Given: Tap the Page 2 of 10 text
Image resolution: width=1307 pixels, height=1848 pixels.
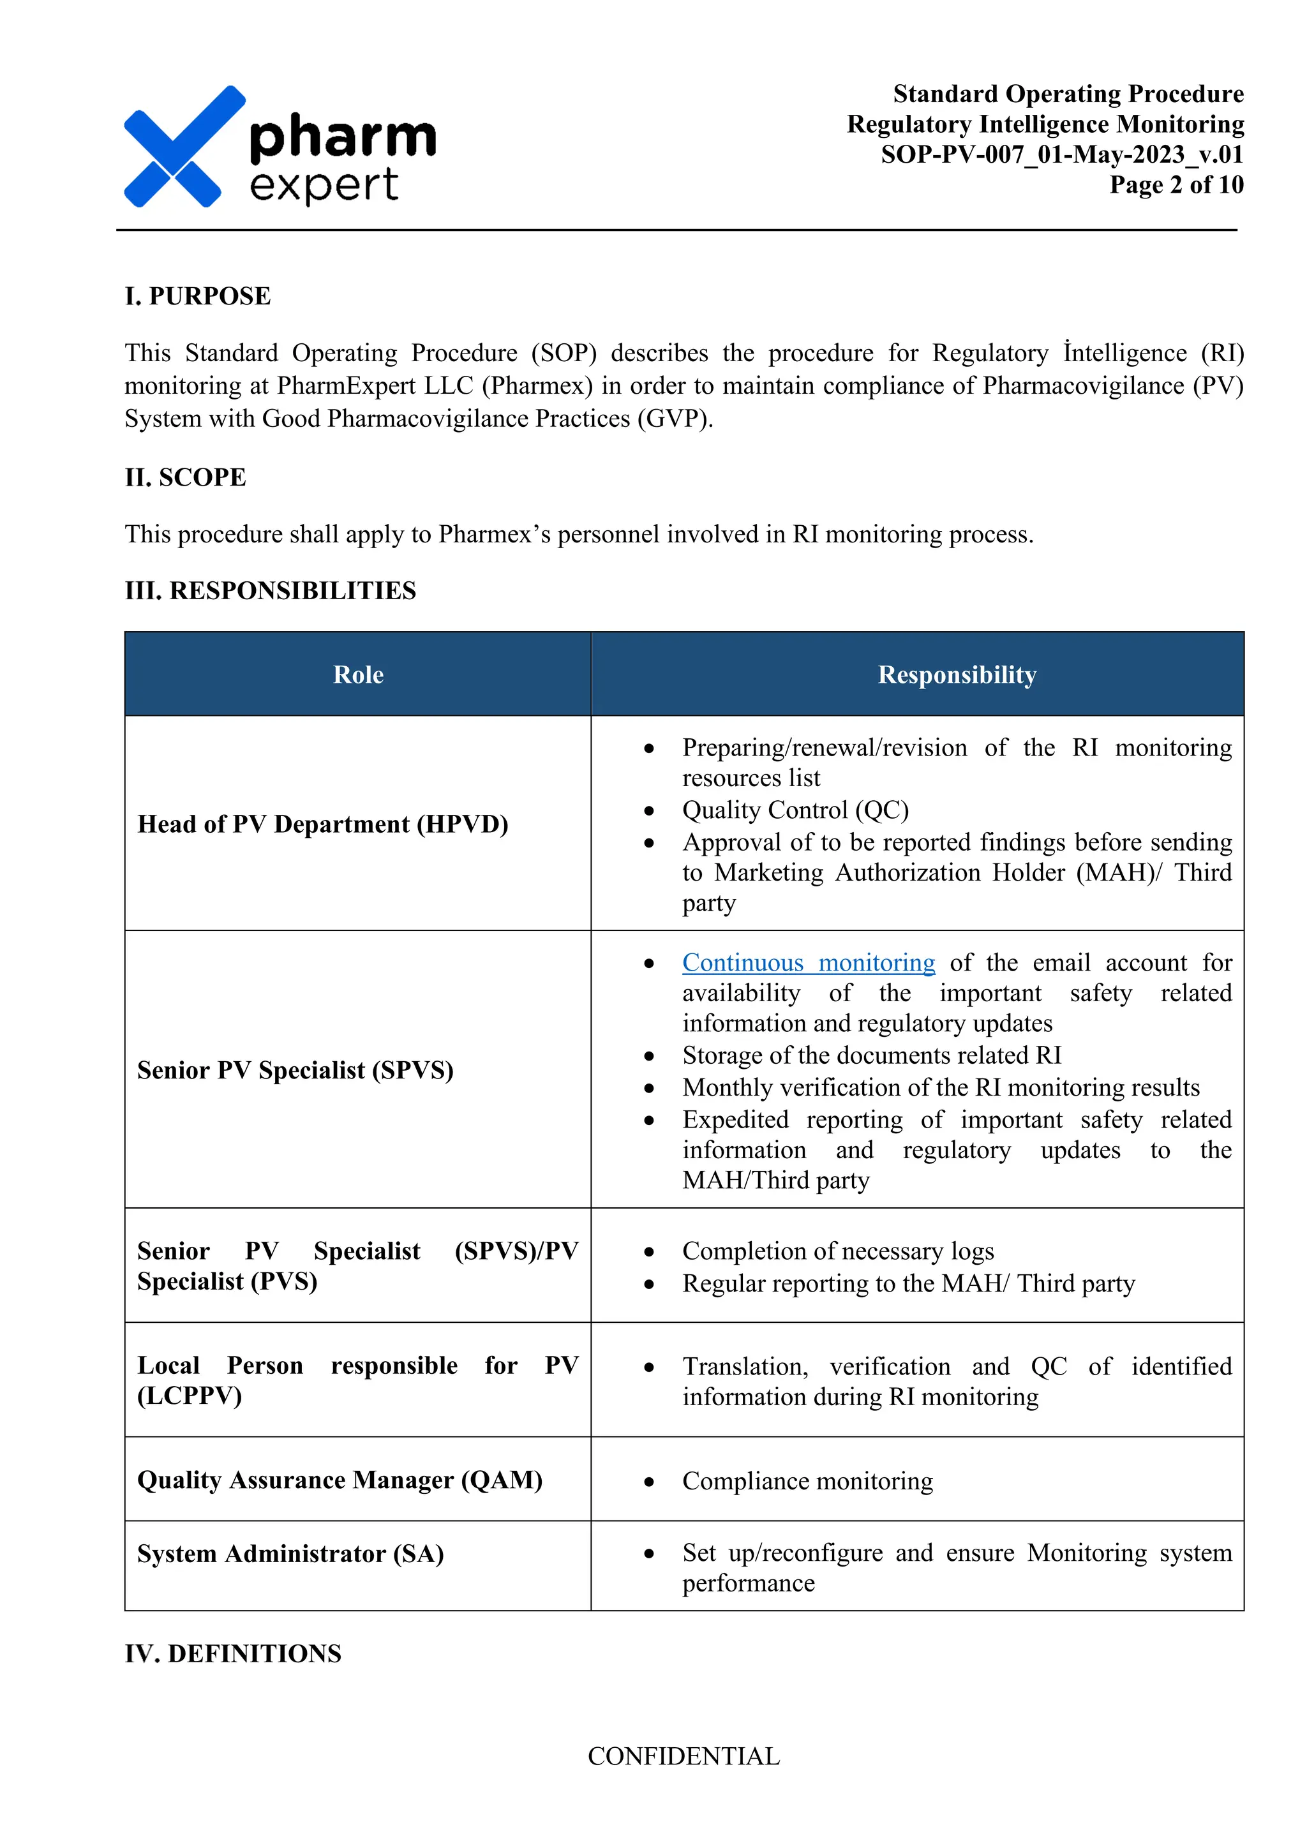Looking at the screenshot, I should pos(1176,185).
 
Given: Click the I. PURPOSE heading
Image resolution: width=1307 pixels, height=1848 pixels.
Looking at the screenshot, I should pos(198,296).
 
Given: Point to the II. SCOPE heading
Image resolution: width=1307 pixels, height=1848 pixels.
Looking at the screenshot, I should pos(185,477).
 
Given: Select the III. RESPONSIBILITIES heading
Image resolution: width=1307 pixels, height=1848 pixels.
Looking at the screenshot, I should pos(271,591).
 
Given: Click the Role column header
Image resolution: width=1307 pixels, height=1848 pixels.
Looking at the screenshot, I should pos(358,674).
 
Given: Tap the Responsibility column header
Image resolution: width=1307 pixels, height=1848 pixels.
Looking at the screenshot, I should pos(956,674).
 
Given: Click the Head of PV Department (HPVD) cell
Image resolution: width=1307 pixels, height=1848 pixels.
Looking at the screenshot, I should pos(323,824).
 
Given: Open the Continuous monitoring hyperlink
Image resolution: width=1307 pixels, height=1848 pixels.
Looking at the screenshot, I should pos(808,963).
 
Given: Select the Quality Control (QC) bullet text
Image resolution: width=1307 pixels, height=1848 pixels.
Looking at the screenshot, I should pos(795,810).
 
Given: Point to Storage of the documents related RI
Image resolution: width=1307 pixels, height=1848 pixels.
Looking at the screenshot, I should pos(872,1055).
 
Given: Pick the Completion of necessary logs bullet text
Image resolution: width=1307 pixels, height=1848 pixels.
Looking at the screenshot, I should pos(838,1251).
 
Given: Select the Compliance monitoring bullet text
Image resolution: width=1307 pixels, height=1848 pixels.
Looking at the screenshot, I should pos(807,1481).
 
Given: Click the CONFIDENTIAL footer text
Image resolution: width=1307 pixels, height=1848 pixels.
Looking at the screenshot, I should pos(683,1756).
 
